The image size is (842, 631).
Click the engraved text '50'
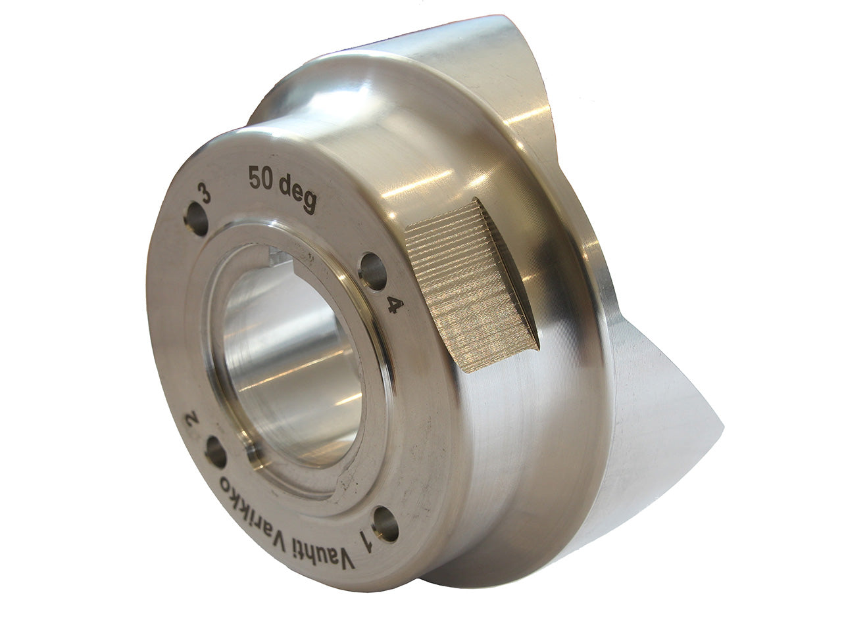pos(261,179)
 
